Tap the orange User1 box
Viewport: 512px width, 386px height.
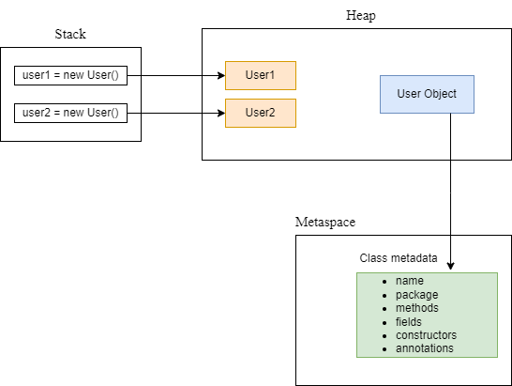tap(261, 75)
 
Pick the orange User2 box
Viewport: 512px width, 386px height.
tap(261, 113)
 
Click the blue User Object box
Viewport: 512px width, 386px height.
tap(427, 95)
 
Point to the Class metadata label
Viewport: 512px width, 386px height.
tap(399, 258)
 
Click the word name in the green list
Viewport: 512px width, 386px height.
tap(410, 281)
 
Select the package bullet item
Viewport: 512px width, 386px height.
tap(416, 295)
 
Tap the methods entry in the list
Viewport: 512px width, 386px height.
tap(416, 308)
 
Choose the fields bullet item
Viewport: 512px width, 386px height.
tap(410, 321)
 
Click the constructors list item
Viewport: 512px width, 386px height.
tap(426, 335)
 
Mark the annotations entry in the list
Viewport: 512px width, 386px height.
tap(424, 348)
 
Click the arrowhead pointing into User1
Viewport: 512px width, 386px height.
tap(220, 75)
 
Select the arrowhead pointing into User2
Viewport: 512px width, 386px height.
tap(220, 113)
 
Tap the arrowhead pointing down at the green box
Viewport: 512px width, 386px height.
tap(451, 267)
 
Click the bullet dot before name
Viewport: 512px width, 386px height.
tap(384, 282)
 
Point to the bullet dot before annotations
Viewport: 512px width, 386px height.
tap(384, 349)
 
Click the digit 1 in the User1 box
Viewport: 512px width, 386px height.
tap(273, 75)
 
